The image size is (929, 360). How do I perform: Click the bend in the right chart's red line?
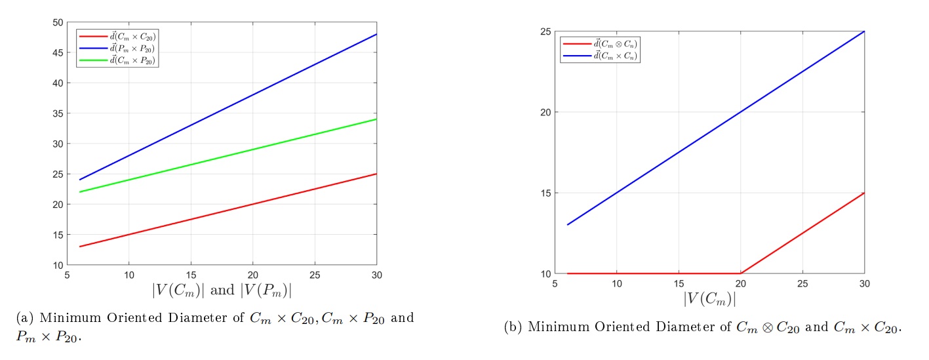pos(741,273)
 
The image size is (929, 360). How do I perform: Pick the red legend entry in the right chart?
pos(599,44)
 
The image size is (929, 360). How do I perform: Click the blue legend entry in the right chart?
pos(599,56)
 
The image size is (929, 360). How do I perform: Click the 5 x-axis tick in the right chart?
pos(555,283)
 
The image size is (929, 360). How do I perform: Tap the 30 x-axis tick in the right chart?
pos(864,283)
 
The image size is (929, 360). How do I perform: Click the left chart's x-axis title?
pos(222,289)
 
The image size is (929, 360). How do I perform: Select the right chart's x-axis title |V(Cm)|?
pos(709,298)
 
